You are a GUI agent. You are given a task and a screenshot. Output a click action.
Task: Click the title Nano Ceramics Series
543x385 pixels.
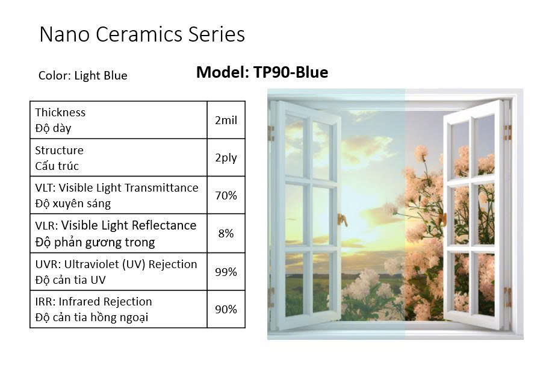(x=142, y=34)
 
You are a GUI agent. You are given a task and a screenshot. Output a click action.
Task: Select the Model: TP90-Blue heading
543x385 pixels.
(x=262, y=72)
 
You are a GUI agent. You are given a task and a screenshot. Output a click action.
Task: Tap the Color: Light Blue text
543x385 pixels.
(x=82, y=75)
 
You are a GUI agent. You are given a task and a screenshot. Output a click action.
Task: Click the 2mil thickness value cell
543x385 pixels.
(x=226, y=121)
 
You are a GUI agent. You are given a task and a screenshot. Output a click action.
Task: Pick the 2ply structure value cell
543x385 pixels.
(x=226, y=158)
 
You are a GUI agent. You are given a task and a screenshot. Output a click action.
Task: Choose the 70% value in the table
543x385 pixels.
(x=226, y=195)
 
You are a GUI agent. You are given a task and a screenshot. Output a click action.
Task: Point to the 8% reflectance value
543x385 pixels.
(x=226, y=233)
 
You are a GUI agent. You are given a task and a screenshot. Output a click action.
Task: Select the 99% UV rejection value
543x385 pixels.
(x=226, y=272)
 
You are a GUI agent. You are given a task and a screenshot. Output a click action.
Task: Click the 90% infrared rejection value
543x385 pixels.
(x=226, y=309)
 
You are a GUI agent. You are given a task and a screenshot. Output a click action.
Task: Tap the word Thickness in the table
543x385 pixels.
(x=60, y=112)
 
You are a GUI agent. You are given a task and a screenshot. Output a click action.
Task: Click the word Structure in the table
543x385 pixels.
(x=59, y=150)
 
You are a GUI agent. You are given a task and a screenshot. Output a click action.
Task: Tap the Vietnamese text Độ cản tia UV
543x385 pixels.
(x=70, y=280)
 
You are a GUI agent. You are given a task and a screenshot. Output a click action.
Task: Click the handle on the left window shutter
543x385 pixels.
(x=343, y=220)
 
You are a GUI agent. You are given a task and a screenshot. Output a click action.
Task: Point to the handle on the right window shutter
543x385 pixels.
(x=442, y=219)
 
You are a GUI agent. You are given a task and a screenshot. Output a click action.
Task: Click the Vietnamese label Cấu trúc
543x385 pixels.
(x=57, y=166)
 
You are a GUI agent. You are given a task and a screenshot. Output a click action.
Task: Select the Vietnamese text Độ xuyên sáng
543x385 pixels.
(x=73, y=204)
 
